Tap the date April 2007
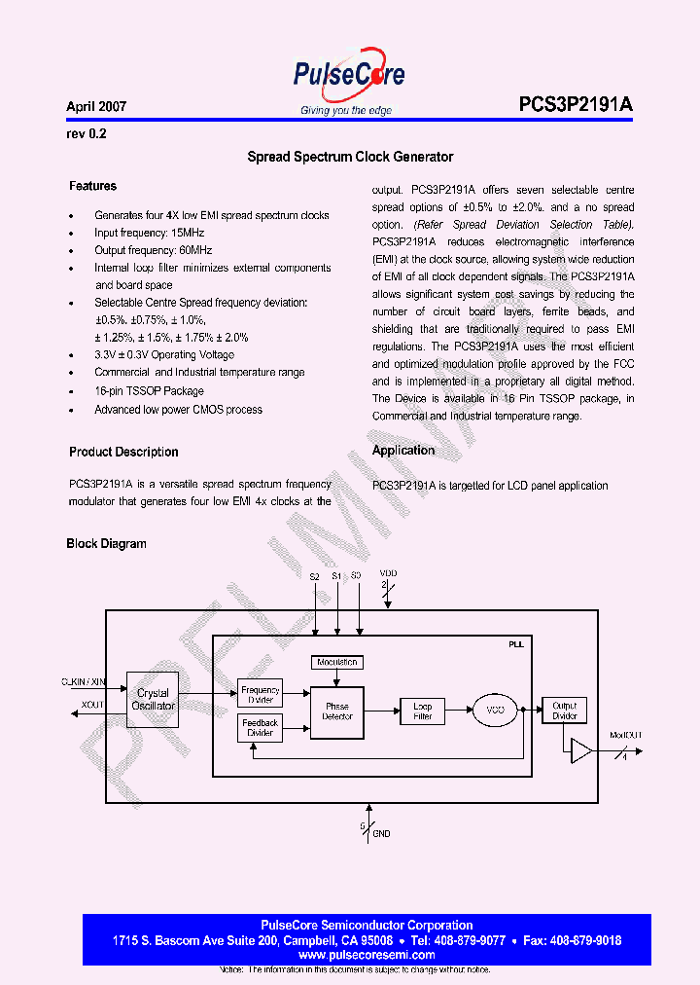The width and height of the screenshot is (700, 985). pos(96,107)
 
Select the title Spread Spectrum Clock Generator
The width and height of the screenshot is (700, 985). pos(350,157)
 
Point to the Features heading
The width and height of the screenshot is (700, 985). pos(92,186)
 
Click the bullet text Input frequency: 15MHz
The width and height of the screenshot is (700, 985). pos(149,234)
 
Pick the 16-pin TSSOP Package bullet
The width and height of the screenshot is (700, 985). pos(149,391)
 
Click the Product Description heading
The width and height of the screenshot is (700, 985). pos(123,453)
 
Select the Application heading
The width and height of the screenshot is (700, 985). pos(403,451)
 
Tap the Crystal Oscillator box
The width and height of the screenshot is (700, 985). pos(153,700)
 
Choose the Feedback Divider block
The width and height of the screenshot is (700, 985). pos(260,728)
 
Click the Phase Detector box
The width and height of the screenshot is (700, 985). pos(337,712)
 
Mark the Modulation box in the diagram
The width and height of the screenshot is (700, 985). pos(337,663)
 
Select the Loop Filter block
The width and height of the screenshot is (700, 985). pos(422,711)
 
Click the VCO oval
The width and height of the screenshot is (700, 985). pos(495,711)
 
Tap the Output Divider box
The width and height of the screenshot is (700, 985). pos(564,711)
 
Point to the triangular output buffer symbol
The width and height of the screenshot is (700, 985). pos(580,750)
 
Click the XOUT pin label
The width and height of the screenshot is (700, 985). pos(92,705)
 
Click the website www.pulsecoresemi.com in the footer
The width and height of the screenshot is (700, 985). pos(367,956)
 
